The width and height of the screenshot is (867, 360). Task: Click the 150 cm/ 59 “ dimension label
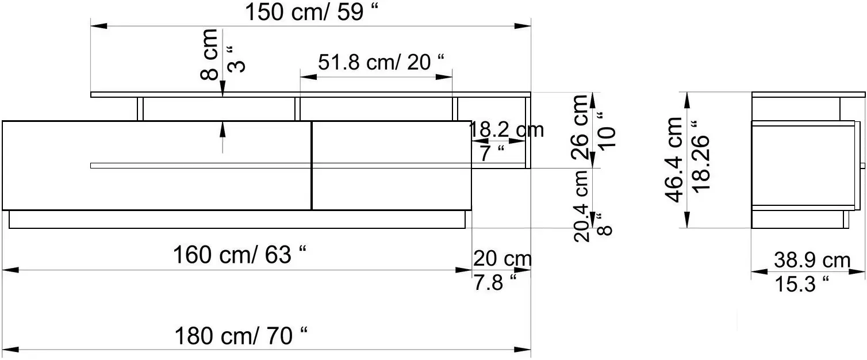click(x=313, y=12)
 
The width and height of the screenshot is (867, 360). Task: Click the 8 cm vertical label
click(x=210, y=55)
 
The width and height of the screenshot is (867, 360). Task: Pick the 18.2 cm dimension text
click(x=507, y=130)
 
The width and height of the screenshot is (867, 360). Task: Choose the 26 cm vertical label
click(x=581, y=127)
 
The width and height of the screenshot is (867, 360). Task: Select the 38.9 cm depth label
click(x=811, y=261)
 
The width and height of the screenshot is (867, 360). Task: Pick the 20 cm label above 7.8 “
click(x=502, y=259)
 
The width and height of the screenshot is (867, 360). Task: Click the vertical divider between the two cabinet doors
click(x=311, y=166)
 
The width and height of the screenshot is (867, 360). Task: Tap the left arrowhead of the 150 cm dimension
click(x=98, y=26)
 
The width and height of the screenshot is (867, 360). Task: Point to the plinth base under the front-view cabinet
click(x=237, y=220)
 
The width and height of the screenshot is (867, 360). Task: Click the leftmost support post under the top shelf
click(x=140, y=109)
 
